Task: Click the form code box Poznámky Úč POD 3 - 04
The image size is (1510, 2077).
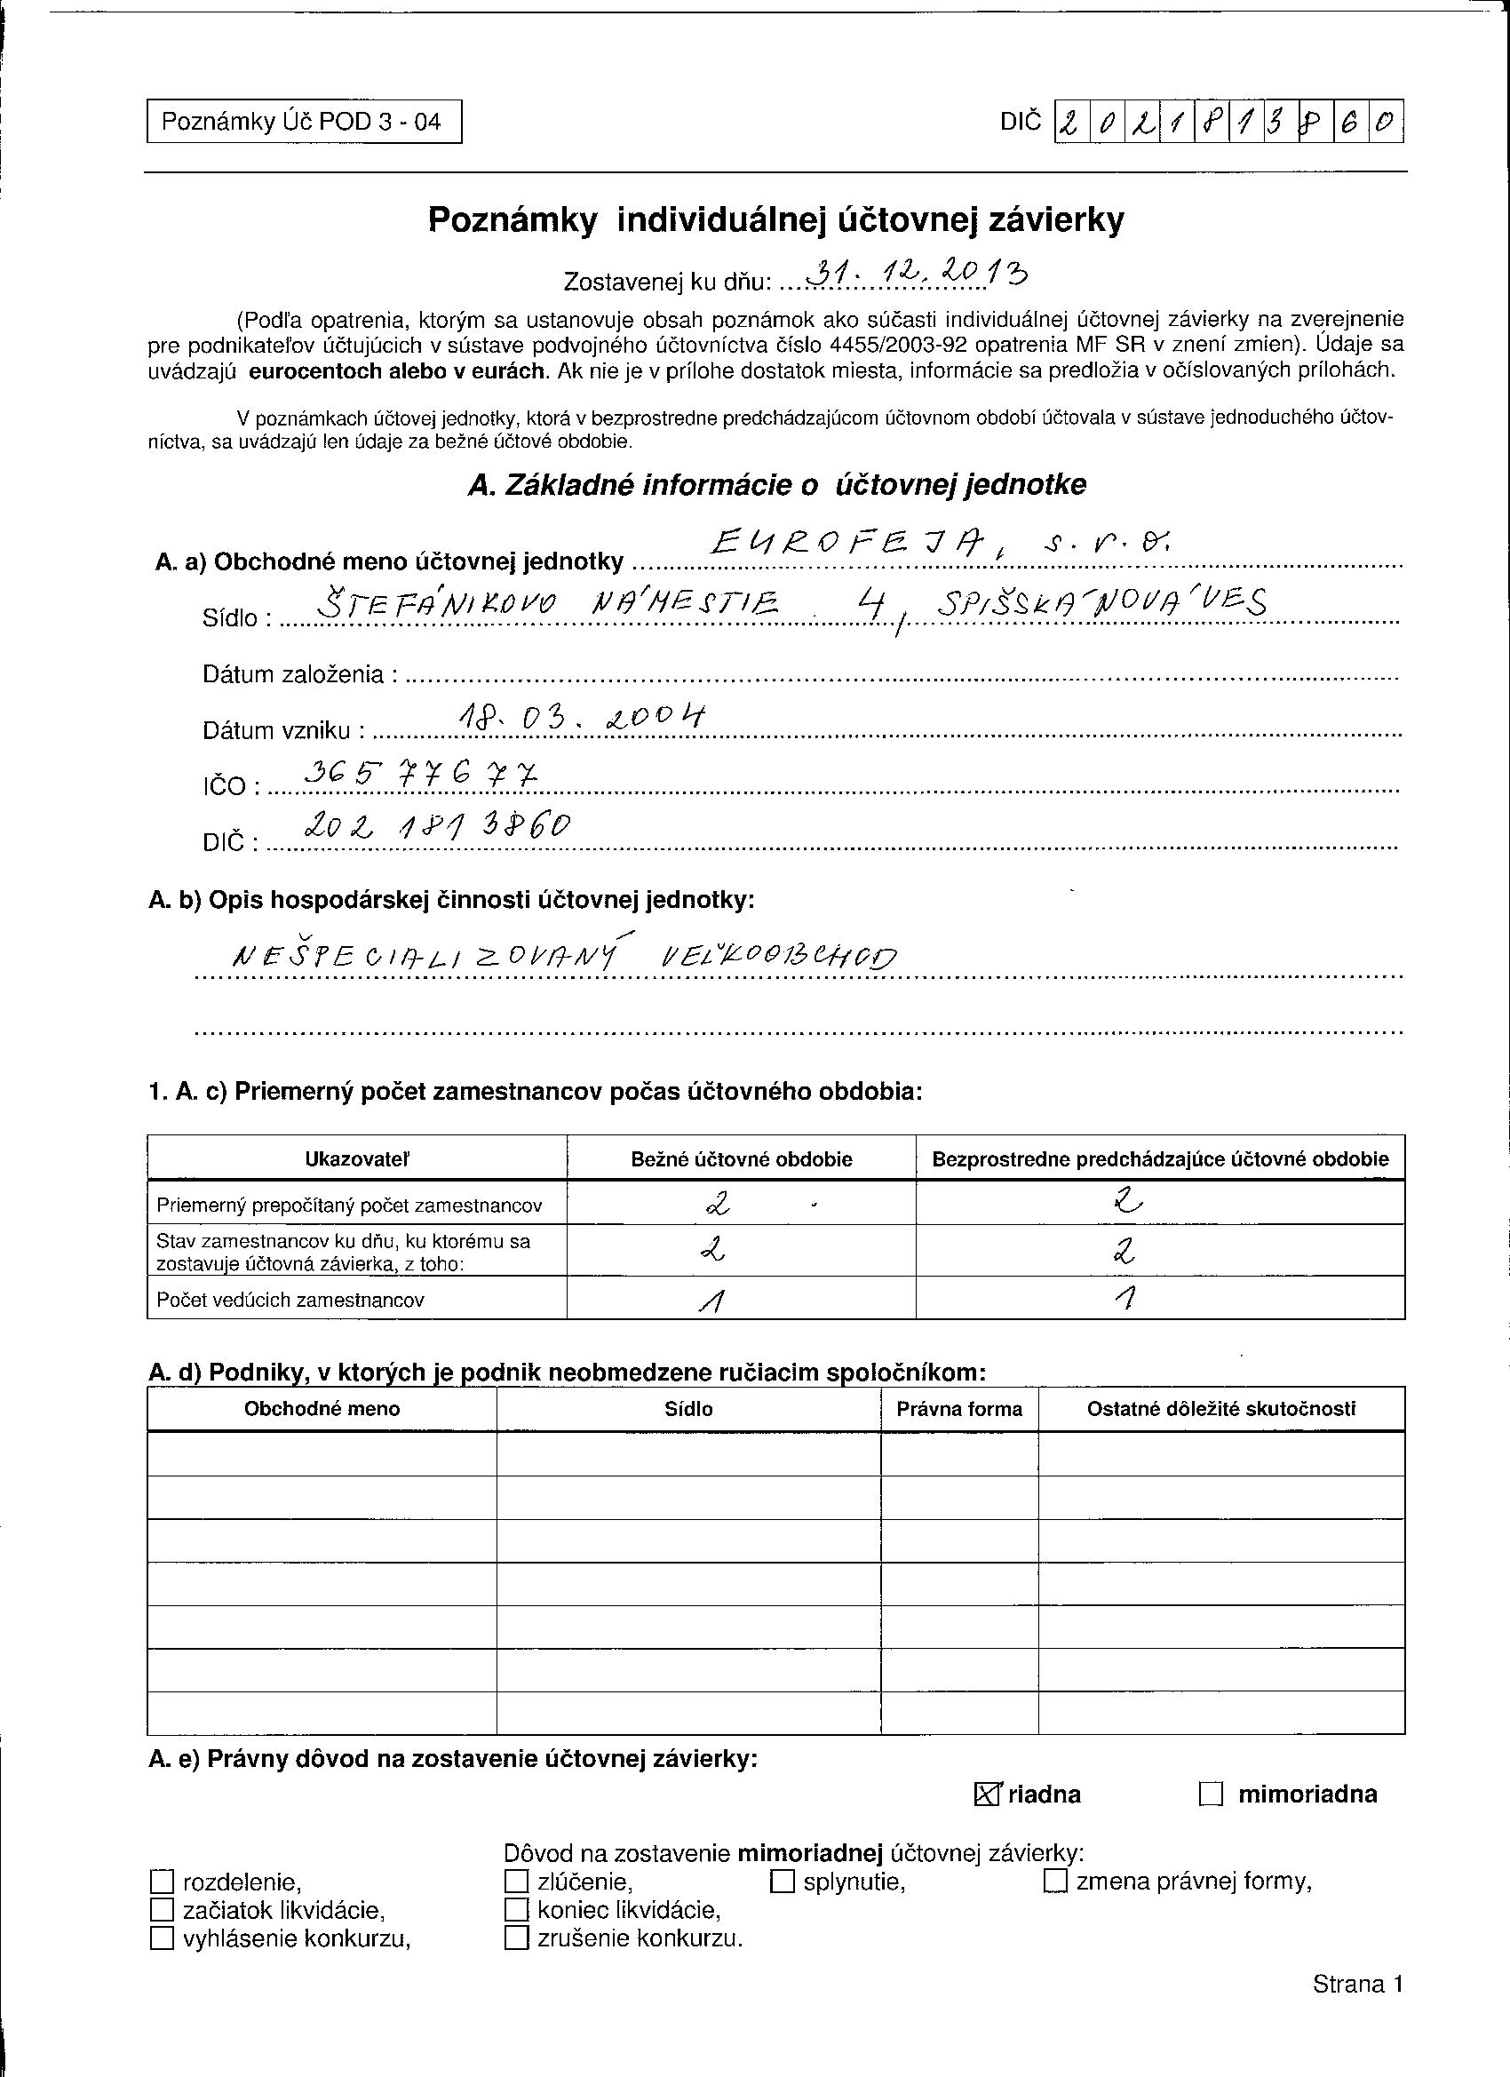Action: click(303, 122)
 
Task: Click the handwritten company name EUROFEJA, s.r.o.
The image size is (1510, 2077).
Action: click(942, 546)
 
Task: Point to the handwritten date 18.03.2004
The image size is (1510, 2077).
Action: click(583, 719)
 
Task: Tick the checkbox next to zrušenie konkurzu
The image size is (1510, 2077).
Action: click(516, 1938)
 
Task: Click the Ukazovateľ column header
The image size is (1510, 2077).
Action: click(357, 1158)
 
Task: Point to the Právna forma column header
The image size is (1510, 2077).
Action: click(958, 1408)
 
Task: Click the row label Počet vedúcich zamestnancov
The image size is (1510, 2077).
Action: click(290, 1300)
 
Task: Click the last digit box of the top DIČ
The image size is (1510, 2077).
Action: click(1387, 123)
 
